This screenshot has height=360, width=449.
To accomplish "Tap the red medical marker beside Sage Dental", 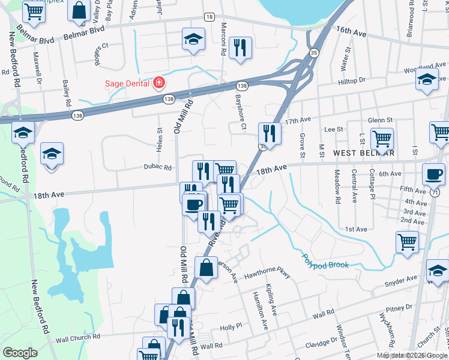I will pyautogui.click(x=160, y=83).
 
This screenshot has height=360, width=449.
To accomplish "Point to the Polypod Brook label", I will pyautogui.click(x=325, y=262).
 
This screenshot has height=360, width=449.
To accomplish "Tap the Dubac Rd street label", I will pyautogui.click(x=157, y=168).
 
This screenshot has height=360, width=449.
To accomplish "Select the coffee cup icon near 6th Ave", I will pyautogui.click(x=433, y=175).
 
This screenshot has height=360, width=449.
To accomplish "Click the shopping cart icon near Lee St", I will pyautogui.click(x=381, y=139).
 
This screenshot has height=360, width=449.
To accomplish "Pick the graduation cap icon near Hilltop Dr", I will pyautogui.click(x=427, y=80).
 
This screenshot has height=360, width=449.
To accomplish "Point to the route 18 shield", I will pyautogui.click(x=208, y=16).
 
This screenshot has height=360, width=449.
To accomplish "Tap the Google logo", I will pyautogui.click(x=20, y=353).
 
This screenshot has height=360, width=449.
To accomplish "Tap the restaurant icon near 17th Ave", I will pyautogui.click(x=270, y=133).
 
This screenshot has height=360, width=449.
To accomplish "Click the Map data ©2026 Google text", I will pyautogui.click(x=411, y=355).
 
